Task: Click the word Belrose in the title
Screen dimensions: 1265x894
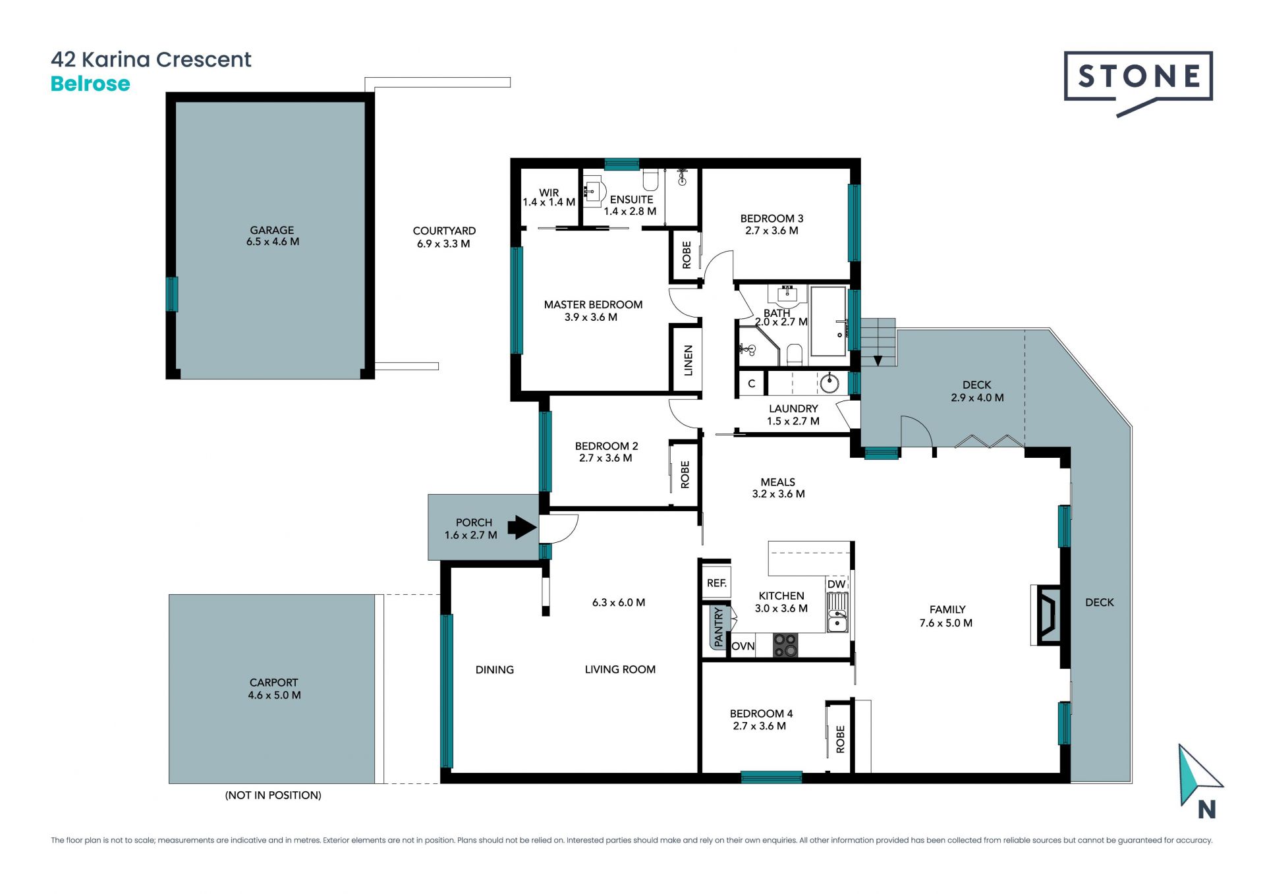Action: point(90,84)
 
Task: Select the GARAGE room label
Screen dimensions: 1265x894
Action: point(272,230)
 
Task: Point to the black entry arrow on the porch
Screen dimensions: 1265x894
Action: point(522,527)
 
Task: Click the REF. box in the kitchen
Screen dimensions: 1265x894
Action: point(716,583)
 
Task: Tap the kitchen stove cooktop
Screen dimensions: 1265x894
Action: point(785,645)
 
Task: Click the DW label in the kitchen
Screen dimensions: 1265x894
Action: point(836,584)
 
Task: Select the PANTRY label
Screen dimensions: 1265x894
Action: point(718,627)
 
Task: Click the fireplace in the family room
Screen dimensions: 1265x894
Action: point(1047,615)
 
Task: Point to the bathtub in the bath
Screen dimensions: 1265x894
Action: point(828,321)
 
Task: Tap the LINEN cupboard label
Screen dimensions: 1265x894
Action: point(689,360)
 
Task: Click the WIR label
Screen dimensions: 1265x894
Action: point(549,193)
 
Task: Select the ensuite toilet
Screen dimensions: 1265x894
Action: point(651,179)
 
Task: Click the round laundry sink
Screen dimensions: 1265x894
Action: point(829,383)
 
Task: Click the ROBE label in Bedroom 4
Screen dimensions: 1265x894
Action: point(840,739)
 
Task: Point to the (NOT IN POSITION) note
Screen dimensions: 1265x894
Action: point(273,795)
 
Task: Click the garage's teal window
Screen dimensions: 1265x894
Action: point(171,294)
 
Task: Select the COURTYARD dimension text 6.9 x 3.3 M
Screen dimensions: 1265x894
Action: point(443,244)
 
